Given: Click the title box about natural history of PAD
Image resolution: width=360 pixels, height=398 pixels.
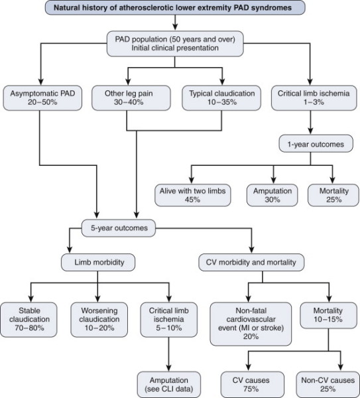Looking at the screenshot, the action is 175,7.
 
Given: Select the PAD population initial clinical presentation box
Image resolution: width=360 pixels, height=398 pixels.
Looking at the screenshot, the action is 175,44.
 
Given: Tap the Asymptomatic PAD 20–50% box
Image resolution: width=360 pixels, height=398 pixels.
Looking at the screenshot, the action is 42,98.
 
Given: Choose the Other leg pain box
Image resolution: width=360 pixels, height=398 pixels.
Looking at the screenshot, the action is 131,98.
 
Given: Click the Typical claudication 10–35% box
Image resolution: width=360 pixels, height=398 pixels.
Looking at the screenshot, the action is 221,98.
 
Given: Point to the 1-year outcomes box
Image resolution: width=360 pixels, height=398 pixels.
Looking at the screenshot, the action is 316,144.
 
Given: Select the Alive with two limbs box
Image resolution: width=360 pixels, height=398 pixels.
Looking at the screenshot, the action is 193,195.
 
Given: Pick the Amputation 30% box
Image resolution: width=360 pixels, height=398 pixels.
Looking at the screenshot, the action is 272,195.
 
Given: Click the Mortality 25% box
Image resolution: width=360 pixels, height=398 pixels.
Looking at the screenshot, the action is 333,195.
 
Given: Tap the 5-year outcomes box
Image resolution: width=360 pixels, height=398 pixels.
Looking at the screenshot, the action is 119,228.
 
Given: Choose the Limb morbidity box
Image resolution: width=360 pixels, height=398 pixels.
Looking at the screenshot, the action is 98,262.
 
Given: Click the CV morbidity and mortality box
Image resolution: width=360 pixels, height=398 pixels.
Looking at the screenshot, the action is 251,262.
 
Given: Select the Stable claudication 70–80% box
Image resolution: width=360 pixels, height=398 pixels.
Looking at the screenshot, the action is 29,320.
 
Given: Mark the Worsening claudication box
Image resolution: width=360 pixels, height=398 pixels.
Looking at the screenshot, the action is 99,320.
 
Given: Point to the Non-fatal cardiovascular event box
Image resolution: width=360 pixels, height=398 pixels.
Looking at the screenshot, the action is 251,324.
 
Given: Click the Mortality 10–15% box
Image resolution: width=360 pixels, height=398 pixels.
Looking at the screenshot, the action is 328,315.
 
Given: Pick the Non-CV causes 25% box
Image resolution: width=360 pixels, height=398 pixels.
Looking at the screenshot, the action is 328,385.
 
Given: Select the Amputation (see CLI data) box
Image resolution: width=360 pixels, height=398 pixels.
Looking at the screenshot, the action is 168,385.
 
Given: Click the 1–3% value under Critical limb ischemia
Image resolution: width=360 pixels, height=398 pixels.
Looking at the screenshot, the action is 314,102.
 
